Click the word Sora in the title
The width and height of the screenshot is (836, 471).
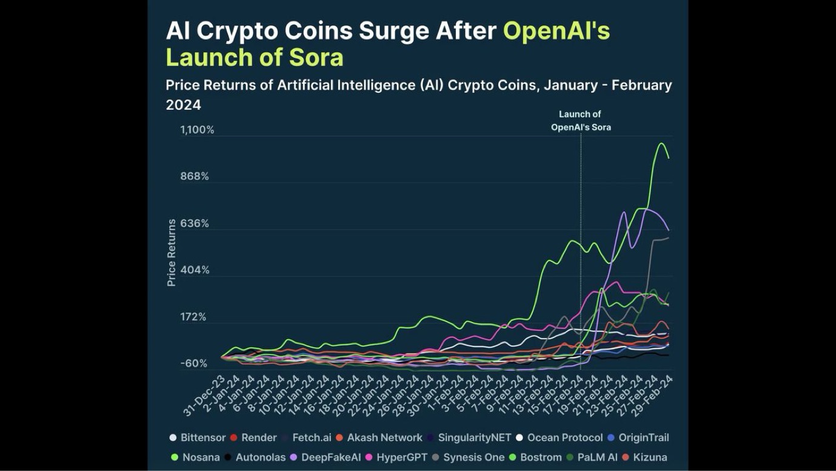(x=316, y=58)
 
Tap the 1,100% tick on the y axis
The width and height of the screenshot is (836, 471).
(x=197, y=130)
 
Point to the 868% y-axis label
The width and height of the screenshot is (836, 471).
(x=195, y=177)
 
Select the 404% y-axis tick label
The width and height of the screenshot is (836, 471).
(x=195, y=270)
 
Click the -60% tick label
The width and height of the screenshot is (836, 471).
(x=194, y=364)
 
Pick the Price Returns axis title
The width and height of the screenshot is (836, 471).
(x=172, y=252)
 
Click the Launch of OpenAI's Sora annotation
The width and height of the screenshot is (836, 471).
(x=580, y=121)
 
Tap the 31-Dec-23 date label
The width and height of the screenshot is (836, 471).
(x=205, y=395)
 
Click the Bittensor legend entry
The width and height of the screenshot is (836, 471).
(x=202, y=438)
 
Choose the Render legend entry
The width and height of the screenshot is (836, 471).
(x=259, y=438)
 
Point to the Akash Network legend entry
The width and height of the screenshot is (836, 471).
(x=384, y=438)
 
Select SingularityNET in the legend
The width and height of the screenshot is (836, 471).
(x=474, y=438)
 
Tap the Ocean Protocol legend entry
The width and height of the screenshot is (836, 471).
(x=564, y=438)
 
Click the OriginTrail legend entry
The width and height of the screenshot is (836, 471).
(x=643, y=438)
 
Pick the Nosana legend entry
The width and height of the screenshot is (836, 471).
(x=201, y=457)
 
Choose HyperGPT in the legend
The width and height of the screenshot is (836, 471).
(x=401, y=457)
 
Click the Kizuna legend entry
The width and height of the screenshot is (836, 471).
(x=649, y=457)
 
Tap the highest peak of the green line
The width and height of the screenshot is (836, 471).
(x=661, y=143)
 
